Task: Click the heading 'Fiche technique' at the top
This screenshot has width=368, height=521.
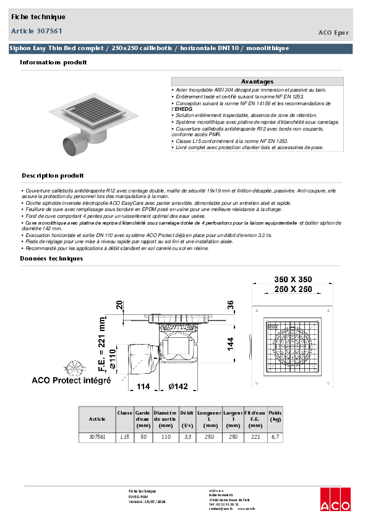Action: (x=38, y=17)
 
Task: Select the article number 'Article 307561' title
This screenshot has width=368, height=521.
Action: (x=36, y=30)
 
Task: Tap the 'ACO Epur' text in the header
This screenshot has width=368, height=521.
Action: (x=333, y=32)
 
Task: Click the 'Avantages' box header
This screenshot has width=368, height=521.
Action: (x=257, y=82)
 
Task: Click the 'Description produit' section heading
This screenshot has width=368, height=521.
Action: (x=53, y=176)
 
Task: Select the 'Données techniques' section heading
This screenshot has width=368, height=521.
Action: (x=51, y=258)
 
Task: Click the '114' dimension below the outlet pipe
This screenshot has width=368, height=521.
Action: (x=143, y=387)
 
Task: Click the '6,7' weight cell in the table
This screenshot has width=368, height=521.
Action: (x=275, y=437)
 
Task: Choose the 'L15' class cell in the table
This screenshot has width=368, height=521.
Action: (x=124, y=437)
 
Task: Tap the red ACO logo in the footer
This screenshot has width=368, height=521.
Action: (x=335, y=499)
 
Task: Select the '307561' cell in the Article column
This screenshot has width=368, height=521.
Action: (x=97, y=437)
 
